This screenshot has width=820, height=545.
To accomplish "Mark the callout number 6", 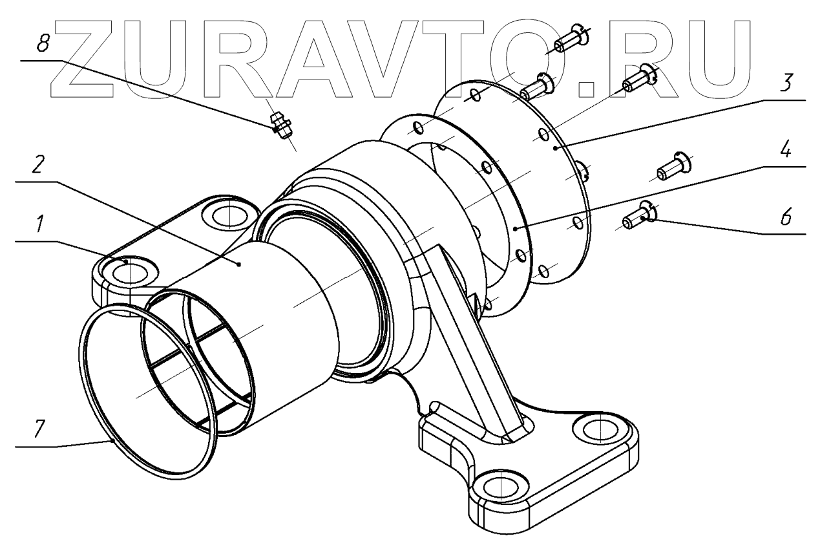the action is tap(784, 218).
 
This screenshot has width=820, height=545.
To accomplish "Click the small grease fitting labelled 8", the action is tap(280, 123).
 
